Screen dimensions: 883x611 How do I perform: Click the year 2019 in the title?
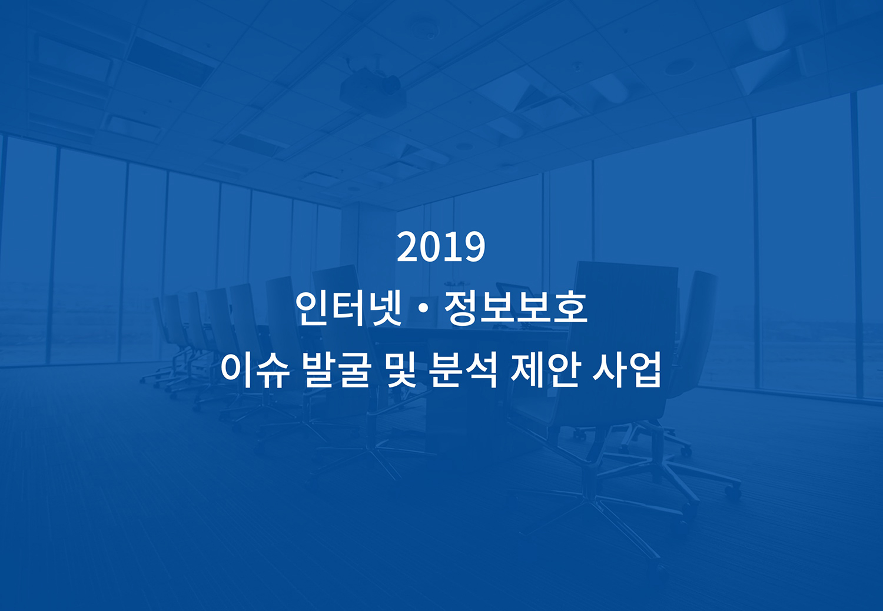441,247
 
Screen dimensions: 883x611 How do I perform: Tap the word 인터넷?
348,309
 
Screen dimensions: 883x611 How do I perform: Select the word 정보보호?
516,309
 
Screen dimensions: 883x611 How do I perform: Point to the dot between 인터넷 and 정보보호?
423,309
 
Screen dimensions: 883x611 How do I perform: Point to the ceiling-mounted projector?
373,91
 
